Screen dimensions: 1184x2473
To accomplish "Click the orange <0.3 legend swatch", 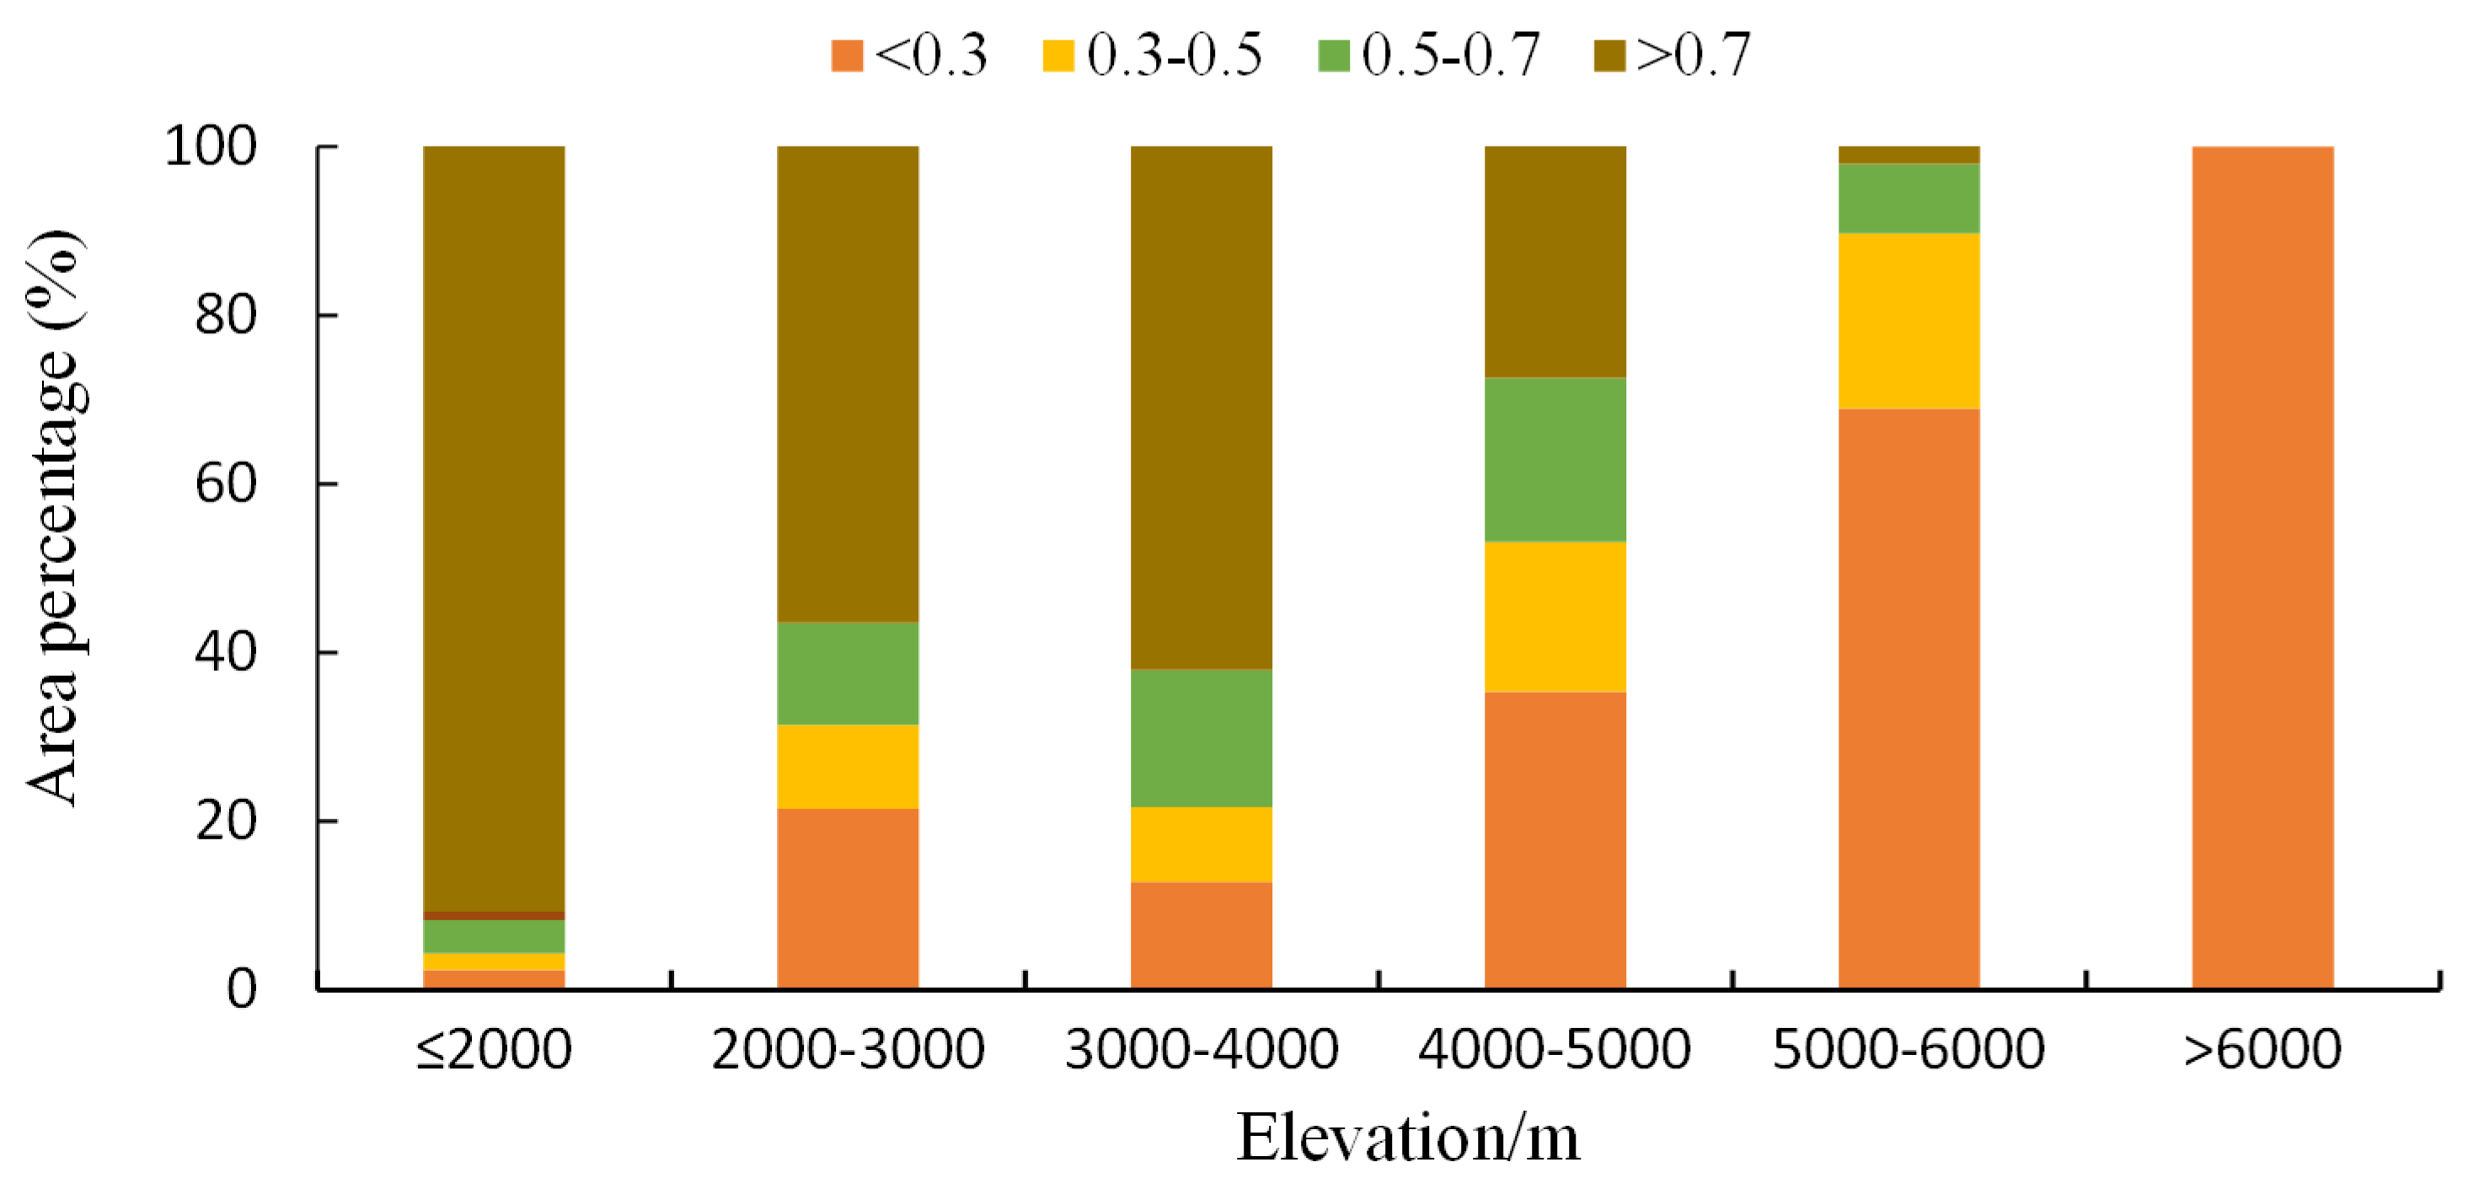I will pos(847,56).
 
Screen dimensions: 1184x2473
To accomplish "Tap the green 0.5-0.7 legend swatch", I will pos(1334,56).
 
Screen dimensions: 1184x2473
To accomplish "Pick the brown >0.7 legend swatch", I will pos(1609,56).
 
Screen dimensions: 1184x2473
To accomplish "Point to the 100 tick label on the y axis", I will pos(211,147).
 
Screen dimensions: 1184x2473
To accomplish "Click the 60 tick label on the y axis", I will pos(226,483).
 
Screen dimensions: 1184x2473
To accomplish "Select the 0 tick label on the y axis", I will pos(241,988).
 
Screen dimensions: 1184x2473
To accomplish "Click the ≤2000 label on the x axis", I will pos(494,1049).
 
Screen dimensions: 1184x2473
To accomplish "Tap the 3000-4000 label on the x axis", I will pos(1201,1049).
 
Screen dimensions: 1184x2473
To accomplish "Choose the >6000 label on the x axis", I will pos(2262,1049).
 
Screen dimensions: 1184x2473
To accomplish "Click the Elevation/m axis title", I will pos(1407,1138).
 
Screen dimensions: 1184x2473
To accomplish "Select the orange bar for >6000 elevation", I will pos(2262,566).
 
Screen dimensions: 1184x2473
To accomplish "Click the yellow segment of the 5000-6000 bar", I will pos(1908,321).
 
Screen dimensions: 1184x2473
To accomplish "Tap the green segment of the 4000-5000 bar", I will pos(1555,459).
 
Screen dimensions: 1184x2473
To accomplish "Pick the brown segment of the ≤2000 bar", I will pos(494,528).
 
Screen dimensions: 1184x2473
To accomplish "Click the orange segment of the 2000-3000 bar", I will pos(848,897).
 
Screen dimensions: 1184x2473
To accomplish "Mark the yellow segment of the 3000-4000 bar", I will pos(1201,844).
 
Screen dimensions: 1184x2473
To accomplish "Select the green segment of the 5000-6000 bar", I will pos(1908,198).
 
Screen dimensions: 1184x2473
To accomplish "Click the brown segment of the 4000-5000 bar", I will pos(1555,261).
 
